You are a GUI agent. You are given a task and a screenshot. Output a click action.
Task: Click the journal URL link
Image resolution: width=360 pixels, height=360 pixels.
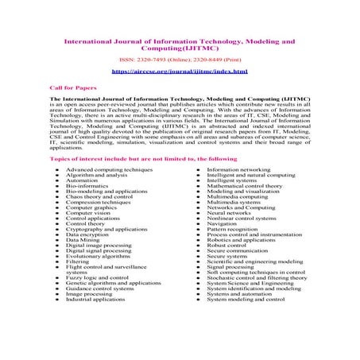(180, 72)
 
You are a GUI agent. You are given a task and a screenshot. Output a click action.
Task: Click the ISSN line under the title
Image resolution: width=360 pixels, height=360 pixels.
(180, 58)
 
